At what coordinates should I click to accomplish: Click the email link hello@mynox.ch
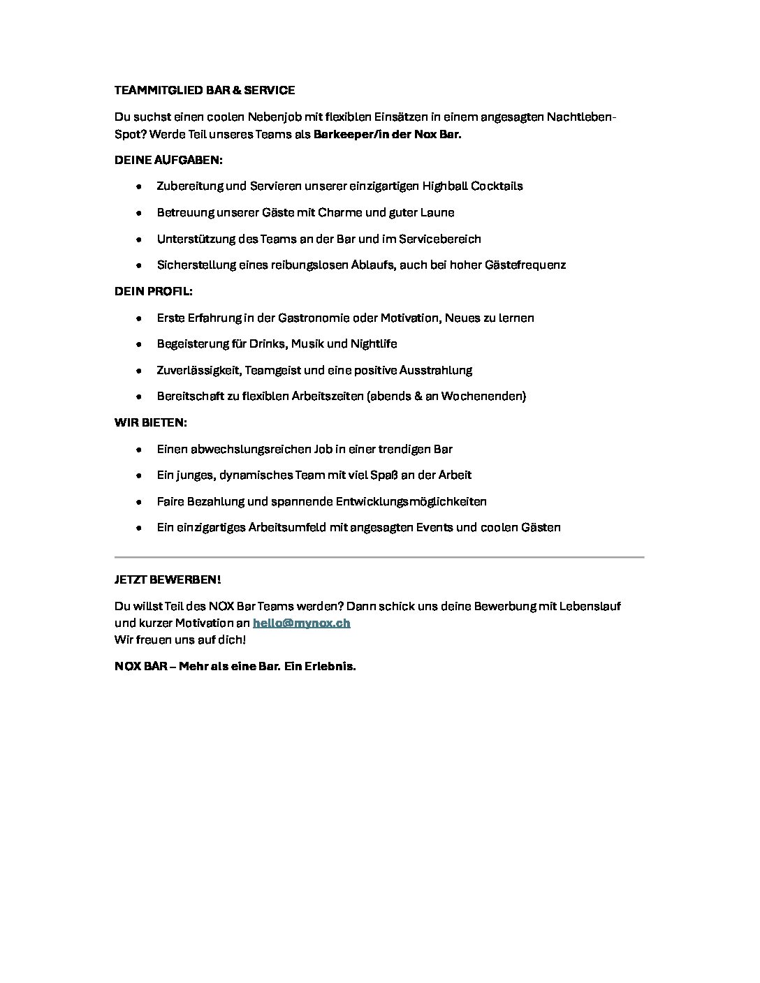pos(301,623)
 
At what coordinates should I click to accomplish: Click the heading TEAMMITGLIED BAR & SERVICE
pos(205,90)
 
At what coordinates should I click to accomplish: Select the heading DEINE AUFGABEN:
pos(168,160)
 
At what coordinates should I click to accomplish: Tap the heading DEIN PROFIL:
pos(154,290)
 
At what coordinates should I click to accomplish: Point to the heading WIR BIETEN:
pos(151,422)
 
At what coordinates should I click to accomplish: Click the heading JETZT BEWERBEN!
pos(168,580)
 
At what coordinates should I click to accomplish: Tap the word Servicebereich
pos(440,239)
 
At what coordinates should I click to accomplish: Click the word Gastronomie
pos(314,318)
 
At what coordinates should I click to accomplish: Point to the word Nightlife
pos(372,343)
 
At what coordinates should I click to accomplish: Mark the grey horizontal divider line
pos(379,557)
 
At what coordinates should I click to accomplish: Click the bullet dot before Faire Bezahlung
pos(140,501)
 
